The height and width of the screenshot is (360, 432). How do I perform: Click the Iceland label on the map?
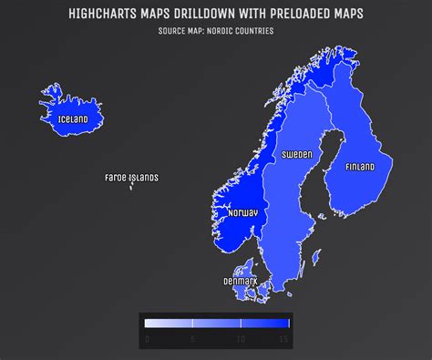[x=72, y=119]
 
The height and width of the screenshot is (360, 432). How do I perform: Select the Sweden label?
[x=296, y=155]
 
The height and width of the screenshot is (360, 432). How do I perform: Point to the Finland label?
[x=360, y=167]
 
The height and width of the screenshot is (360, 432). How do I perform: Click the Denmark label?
[x=240, y=281]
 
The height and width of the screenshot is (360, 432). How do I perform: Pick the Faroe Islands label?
[x=131, y=178]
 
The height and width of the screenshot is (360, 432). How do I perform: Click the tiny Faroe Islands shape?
[x=132, y=187]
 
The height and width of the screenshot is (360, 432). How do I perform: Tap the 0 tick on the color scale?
[x=147, y=338]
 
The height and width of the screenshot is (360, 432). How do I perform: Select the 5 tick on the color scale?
[x=193, y=338]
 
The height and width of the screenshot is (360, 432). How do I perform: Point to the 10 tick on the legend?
[x=241, y=338]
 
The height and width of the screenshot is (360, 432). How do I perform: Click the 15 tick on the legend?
[x=284, y=338]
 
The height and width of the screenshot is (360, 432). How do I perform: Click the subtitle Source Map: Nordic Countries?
[x=215, y=32]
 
